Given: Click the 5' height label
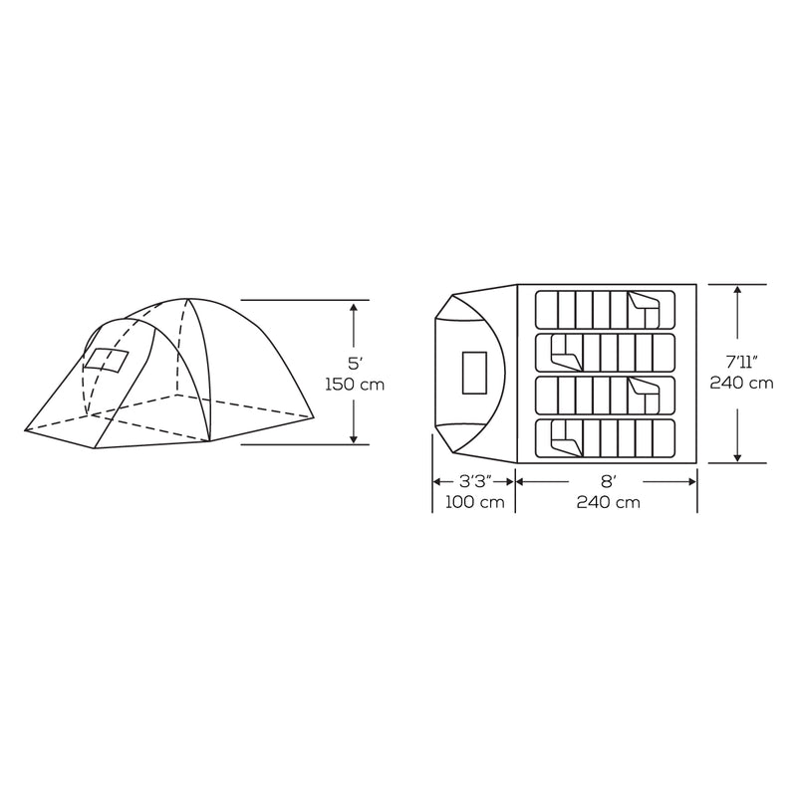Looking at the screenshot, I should click(355, 363).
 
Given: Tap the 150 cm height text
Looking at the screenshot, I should click(355, 384).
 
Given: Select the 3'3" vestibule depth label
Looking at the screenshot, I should click(472, 481).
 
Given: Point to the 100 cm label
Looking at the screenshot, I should click(472, 503).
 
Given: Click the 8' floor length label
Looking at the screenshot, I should click(606, 481).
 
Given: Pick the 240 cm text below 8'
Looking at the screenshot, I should click(606, 503).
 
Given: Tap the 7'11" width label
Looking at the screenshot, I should click(737, 363).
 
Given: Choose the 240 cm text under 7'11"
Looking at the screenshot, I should click(737, 384).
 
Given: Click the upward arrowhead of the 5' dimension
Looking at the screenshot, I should click(355, 308).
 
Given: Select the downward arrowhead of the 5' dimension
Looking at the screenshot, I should click(355, 437).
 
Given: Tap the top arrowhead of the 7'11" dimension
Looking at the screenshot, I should click(737, 290).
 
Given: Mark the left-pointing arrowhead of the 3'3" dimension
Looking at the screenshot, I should click(436, 481).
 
